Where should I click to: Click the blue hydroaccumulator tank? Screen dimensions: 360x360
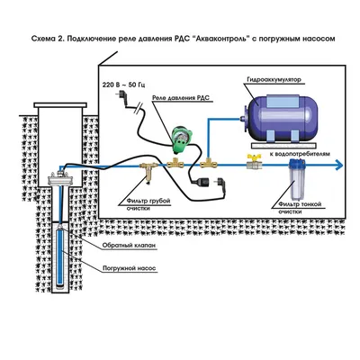click(279, 119)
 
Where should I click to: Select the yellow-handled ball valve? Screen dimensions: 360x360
click(254, 162)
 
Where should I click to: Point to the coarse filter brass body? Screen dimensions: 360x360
click(149, 170)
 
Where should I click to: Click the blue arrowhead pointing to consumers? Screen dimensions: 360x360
click(338, 165)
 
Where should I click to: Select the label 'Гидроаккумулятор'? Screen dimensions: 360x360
click(274, 80)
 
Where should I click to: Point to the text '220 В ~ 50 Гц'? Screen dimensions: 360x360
click(124, 85)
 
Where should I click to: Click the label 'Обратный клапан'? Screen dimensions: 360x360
click(129, 246)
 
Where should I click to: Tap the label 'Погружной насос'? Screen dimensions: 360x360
click(129, 268)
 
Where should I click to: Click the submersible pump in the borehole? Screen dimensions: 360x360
click(60, 256)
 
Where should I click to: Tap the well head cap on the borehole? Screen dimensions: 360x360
click(60, 178)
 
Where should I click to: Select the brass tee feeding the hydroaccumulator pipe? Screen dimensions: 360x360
click(209, 162)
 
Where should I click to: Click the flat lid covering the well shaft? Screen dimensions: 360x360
click(60, 105)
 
